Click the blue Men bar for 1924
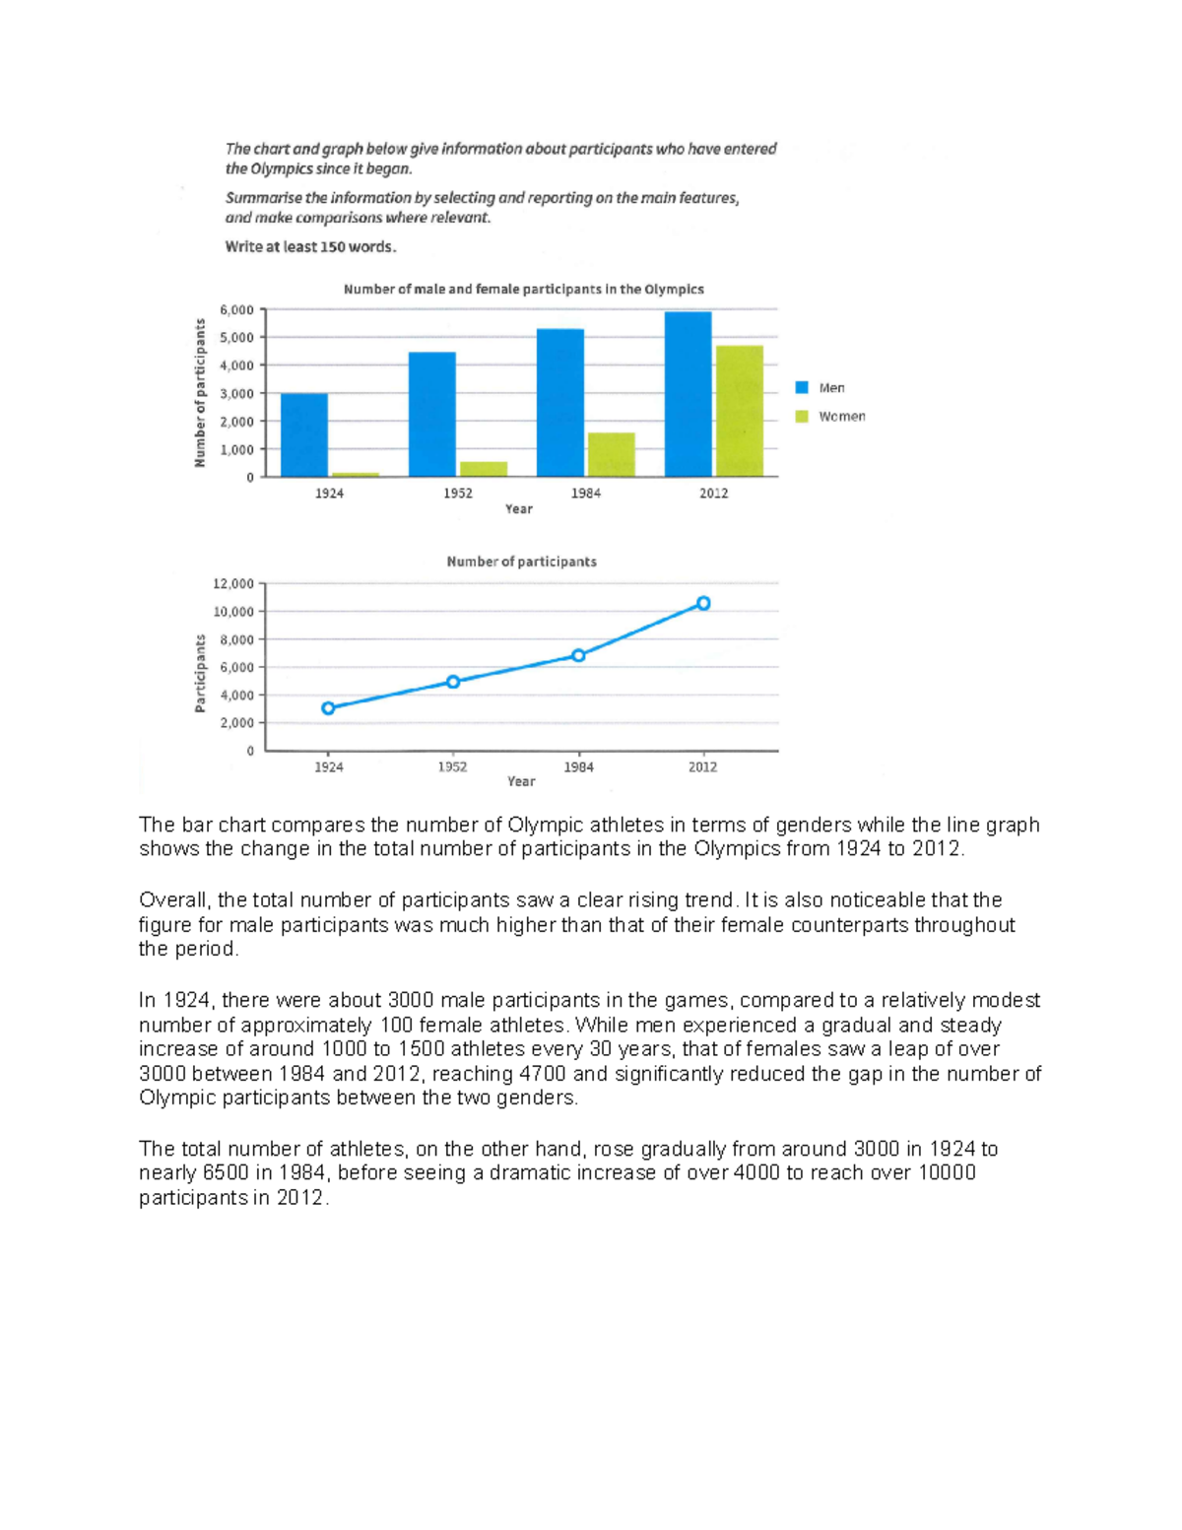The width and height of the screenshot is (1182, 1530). tap(303, 434)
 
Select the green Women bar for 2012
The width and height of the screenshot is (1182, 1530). tap(739, 411)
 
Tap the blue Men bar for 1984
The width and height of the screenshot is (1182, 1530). tap(559, 402)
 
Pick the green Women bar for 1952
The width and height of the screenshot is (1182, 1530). tap(483, 469)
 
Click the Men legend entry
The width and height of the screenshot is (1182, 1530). tap(821, 388)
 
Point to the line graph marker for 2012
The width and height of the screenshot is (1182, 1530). tap(703, 603)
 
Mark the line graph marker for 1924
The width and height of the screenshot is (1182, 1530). tap(328, 708)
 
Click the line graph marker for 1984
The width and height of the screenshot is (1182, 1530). tap(578, 655)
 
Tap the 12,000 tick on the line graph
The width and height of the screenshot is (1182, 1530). tap(233, 583)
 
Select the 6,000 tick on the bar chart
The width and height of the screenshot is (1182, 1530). tap(236, 309)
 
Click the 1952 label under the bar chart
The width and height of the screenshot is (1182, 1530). tap(457, 494)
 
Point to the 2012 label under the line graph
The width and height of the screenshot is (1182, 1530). tap(702, 767)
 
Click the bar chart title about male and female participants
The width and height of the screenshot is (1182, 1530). tap(523, 290)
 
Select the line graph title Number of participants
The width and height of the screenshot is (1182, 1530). tap(521, 562)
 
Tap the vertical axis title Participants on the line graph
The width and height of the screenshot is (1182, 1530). tap(200, 673)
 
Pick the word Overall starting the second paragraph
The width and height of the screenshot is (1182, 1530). tap(174, 900)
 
